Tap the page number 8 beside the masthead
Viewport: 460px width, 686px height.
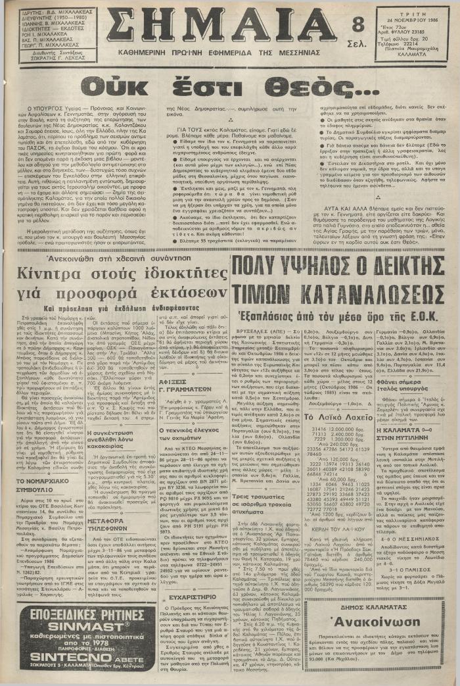(x=358, y=24)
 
